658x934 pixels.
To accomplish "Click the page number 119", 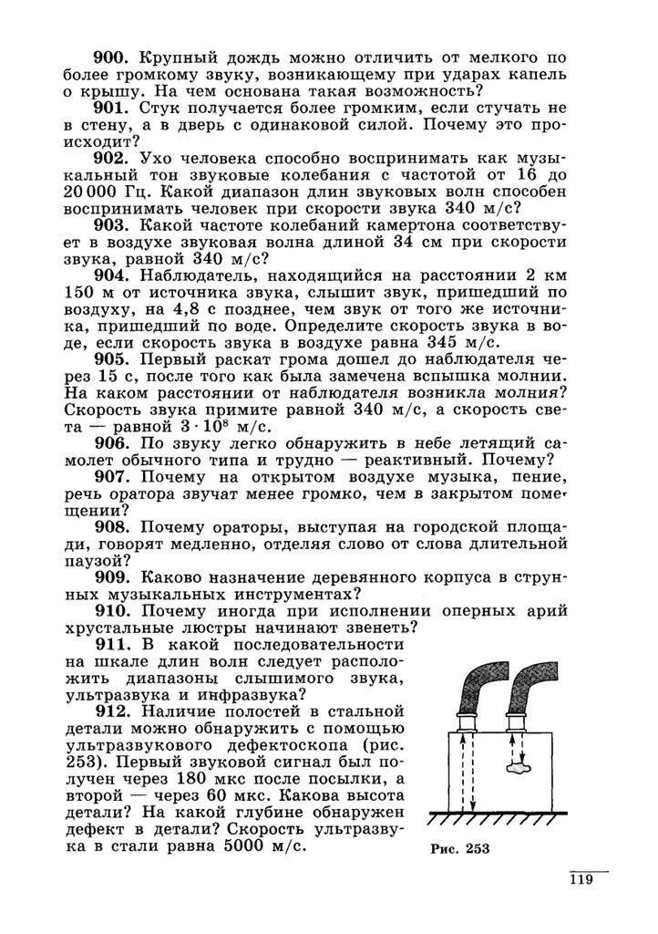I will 581,880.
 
